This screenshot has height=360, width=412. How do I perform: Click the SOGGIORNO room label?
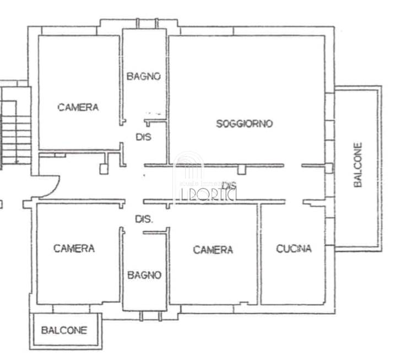click(244, 124)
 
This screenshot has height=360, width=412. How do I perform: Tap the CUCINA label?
click(294, 249)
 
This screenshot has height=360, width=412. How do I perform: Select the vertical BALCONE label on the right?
click(359, 165)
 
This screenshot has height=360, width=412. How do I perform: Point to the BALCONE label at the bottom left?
click(64, 331)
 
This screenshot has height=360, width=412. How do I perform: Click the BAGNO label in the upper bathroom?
click(144, 77)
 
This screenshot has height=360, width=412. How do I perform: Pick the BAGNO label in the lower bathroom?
click(144, 275)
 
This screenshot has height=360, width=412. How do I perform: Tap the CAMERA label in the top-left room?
click(78, 108)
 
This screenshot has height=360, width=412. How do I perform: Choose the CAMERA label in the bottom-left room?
click(74, 249)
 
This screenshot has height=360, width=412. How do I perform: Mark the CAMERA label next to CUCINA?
click(213, 250)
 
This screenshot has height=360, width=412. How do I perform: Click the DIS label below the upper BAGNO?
click(144, 137)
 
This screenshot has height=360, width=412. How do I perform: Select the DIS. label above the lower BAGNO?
click(144, 219)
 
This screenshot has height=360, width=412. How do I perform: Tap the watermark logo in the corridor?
click(205, 182)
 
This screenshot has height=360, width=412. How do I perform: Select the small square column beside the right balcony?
click(329, 168)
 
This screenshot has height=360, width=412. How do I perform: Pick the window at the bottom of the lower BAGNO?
click(149, 316)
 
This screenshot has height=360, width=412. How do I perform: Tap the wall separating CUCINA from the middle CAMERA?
click(259, 254)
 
